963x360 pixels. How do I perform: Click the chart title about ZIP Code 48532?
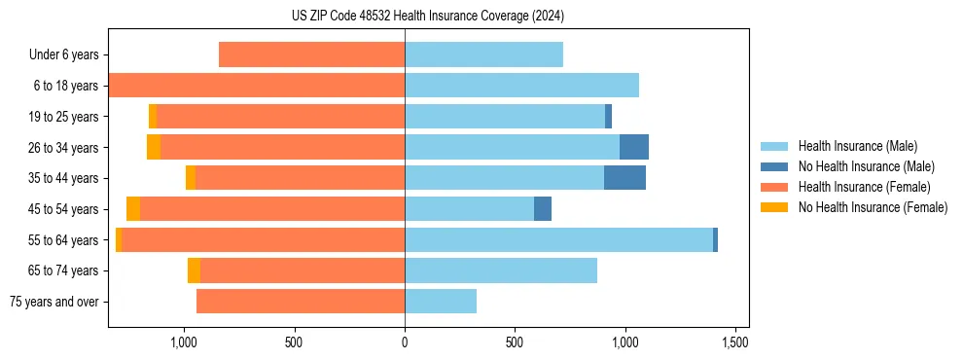tap(428, 16)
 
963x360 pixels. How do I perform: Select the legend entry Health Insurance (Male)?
tap(856, 146)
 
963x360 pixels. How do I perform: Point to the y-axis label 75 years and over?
tap(54, 302)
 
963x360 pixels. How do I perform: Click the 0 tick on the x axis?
tap(405, 342)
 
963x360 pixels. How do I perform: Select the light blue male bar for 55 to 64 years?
tap(558, 239)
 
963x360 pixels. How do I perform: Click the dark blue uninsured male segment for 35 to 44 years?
tap(624, 178)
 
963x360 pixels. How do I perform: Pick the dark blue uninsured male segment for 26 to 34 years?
tap(634, 147)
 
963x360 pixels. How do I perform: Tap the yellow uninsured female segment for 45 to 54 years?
tap(133, 209)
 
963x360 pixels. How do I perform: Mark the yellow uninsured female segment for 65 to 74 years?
tap(194, 270)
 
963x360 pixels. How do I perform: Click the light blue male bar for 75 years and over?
tap(441, 302)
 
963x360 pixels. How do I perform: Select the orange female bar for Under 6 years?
tap(311, 55)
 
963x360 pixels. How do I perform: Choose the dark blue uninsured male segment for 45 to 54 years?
tap(543, 209)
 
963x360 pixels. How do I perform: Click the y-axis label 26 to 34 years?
tap(63, 148)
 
